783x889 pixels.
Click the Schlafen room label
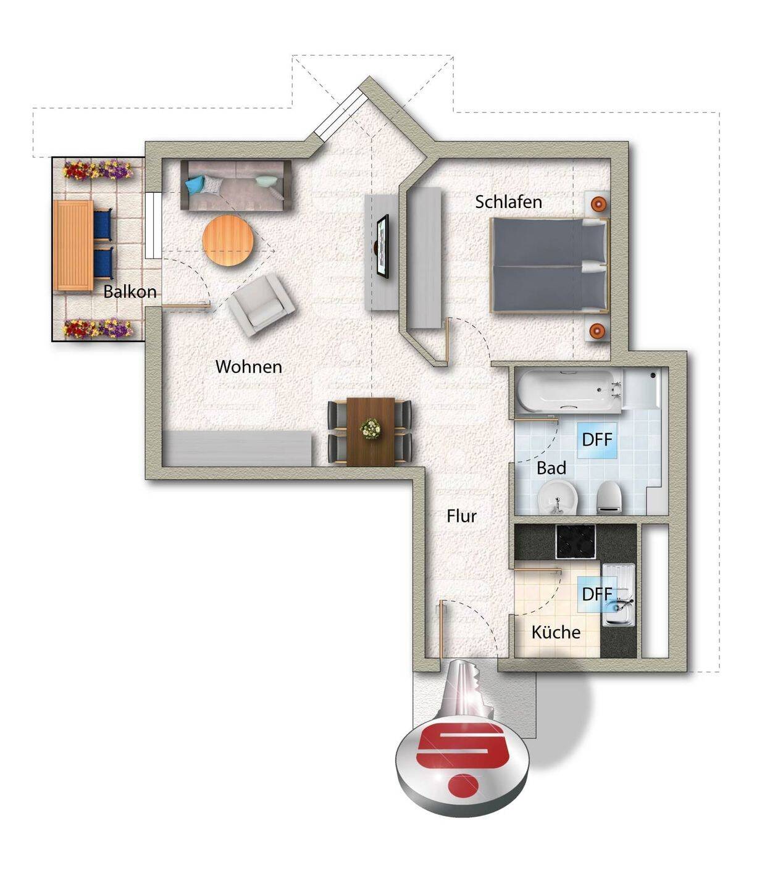click(508, 202)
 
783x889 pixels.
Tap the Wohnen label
click(248, 366)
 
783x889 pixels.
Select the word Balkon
click(130, 291)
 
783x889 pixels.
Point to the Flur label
click(461, 516)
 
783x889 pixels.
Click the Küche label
click(556, 632)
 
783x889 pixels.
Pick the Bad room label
click(551, 468)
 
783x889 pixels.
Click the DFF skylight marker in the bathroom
click(597, 440)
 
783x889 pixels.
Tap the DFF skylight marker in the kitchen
click(597, 594)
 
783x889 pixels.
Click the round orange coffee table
click(228, 240)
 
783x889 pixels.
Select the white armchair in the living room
click(261, 304)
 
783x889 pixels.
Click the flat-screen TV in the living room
click(382, 245)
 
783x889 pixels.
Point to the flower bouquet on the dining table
click(370, 428)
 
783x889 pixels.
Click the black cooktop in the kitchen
click(576, 541)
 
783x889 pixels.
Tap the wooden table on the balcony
click(73, 245)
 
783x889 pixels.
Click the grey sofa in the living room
click(236, 185)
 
